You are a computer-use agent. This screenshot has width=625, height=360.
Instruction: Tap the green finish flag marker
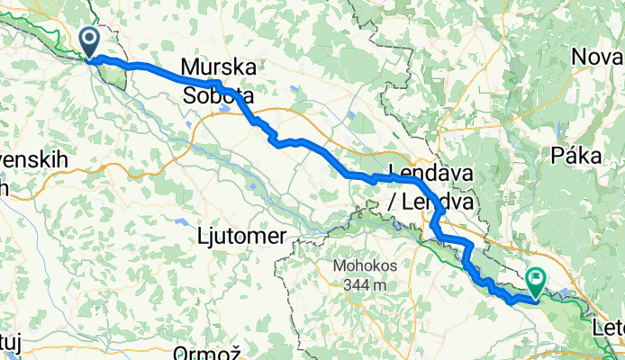pyautogui.click(x=537, y=283)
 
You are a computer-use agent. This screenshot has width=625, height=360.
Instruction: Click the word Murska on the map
pyautogui.click(x=218, y=67)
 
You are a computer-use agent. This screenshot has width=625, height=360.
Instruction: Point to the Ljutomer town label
pyautogui.click(x=241, y=236)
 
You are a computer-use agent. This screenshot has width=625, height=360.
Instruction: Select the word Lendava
pyautogui.click(x=430, y=174)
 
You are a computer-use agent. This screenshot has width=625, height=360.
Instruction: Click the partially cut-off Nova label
pyautogui.click(x=598, y=58)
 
